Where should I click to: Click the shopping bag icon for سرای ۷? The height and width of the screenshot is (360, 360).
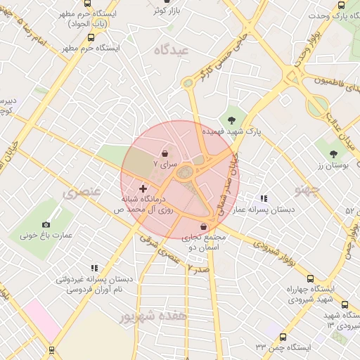coord(165,152)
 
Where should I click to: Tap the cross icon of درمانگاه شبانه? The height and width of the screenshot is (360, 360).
coord(143,188)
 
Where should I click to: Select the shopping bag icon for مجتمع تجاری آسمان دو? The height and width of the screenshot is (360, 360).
coord(204,227)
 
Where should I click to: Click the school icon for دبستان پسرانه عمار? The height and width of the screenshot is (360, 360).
coord(264,199)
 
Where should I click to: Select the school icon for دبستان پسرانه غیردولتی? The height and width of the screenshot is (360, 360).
coord(94,268)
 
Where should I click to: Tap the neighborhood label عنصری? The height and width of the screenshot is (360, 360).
coord(82,191)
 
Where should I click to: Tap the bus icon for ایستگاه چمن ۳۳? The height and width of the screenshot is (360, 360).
coord(283,337)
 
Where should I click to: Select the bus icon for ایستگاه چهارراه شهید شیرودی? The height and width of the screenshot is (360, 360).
coord(344,304)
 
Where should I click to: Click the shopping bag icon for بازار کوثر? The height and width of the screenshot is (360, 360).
coord(155,11)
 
